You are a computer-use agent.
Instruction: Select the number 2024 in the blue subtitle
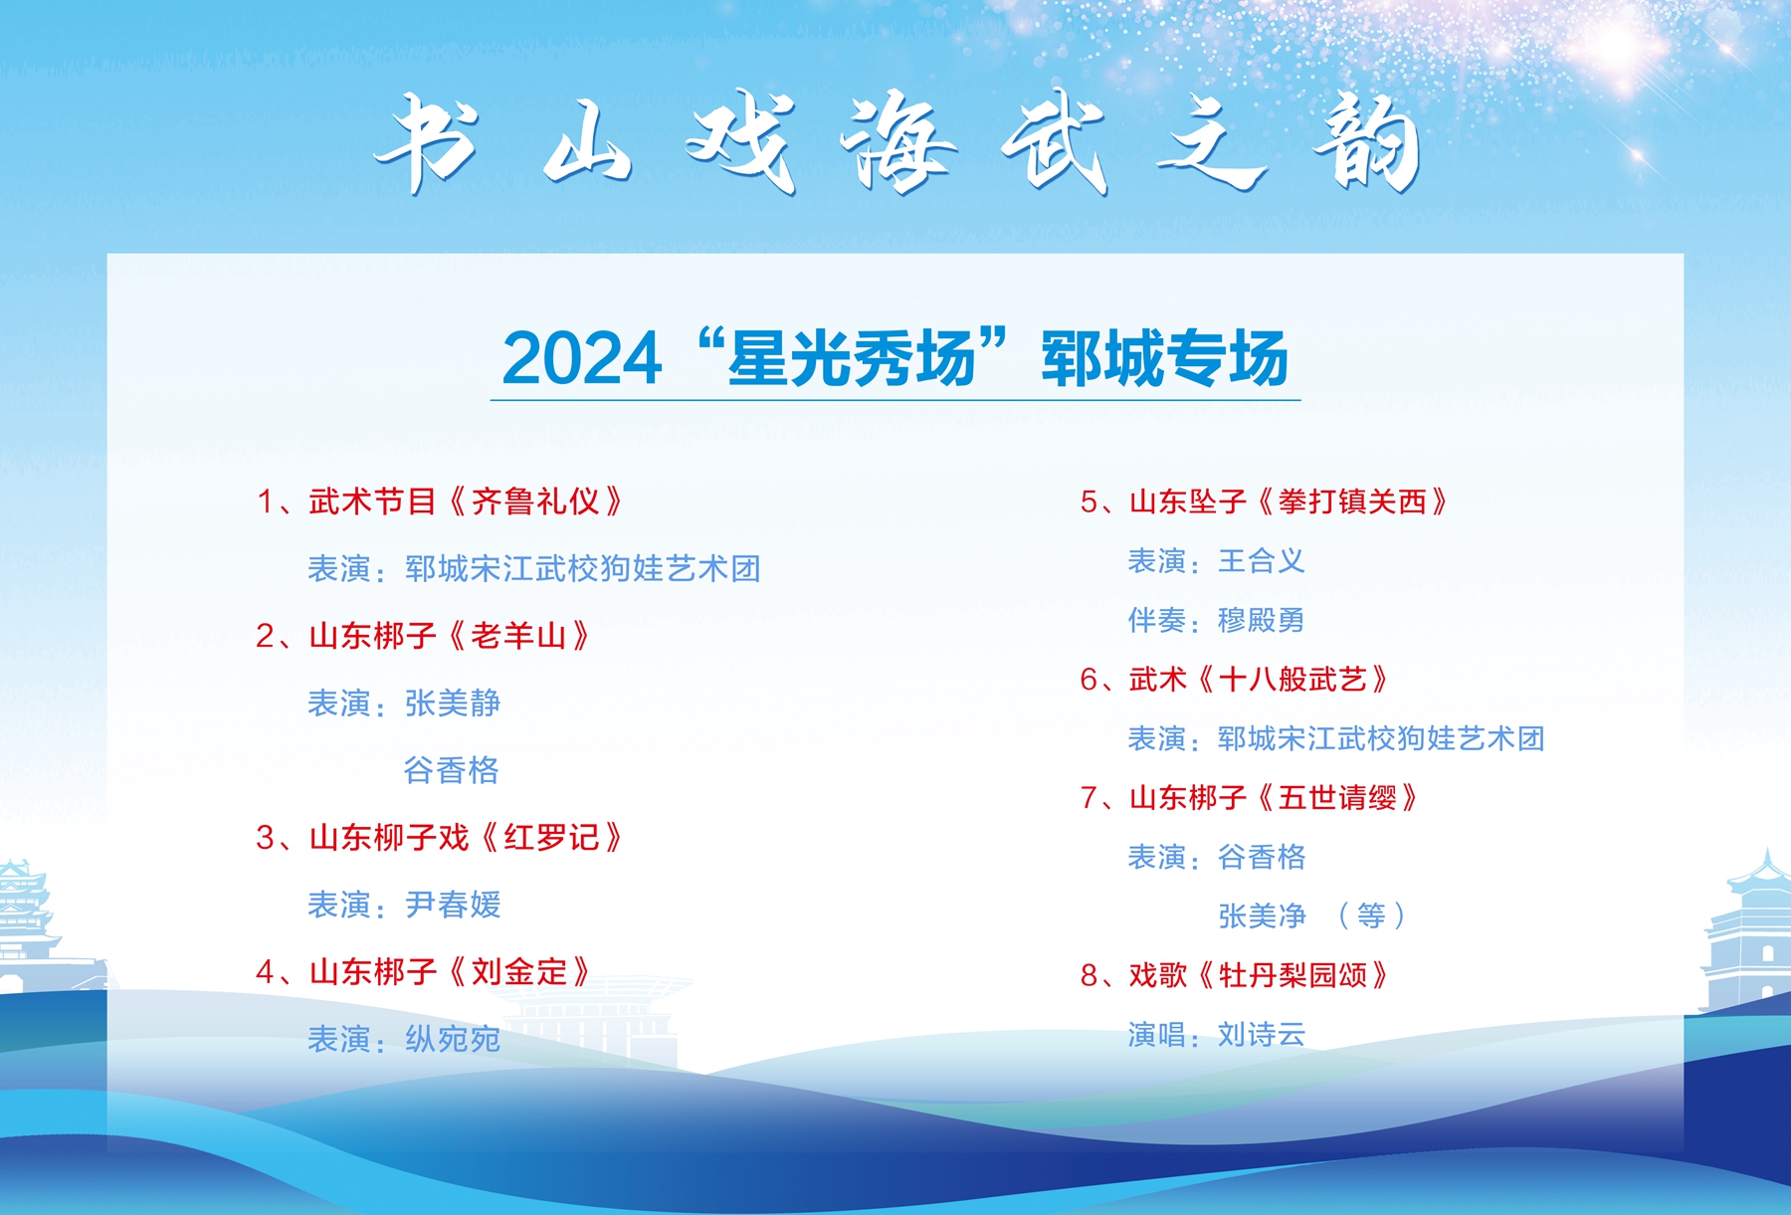click(582, 358)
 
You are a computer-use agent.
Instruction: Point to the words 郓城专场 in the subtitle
click(1165, 358)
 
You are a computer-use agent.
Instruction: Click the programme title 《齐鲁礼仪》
click(536, 502)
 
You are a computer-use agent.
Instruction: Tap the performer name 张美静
click(453, 704)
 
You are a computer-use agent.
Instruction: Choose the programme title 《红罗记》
click(552, 838)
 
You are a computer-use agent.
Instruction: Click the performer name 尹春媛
click(453, 905)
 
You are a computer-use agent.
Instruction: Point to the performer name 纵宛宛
click(453, 1039)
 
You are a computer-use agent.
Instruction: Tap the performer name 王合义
click(1262, 561)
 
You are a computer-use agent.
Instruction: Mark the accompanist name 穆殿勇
click(1262, 620)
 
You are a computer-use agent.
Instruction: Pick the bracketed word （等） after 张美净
click(1371, 915)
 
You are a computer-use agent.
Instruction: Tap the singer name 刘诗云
click(1262, 1035)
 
